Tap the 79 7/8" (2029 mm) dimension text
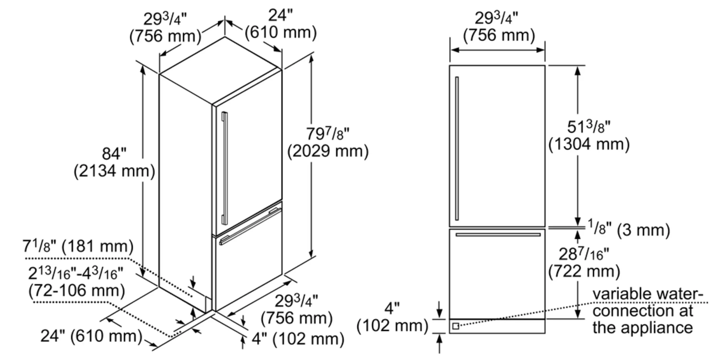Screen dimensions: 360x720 pyautogui.click(x=328, y=143)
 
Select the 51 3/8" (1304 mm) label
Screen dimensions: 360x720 pyautogui.click(x=589, y=136)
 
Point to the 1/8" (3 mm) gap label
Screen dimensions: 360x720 pyautogui.click(x=629, y=230)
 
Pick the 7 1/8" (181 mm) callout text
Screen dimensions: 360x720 pyautogui.click(x=78, y=246)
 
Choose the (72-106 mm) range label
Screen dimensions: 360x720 pyautogui.click(x=77, y=291)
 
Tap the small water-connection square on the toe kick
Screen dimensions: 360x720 pyautogui.click(x=456, y=326)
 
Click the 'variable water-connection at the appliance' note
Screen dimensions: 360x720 pyautogui.click(x=646, y=311)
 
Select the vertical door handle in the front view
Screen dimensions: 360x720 pyautogui.click(x=457, y=148)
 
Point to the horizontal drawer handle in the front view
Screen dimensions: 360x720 pyautogui.click(x=498, y=234)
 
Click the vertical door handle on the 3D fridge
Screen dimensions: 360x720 pyautogui.click(x=225, y=168)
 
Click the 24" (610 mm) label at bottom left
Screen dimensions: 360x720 pyautogui.click(x=92, y=336)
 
